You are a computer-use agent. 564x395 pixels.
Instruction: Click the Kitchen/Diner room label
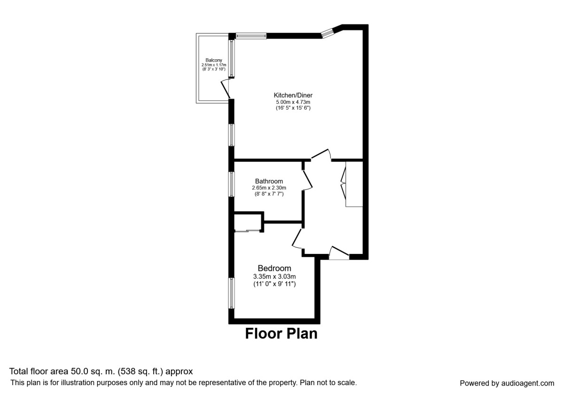(x=293, y=95)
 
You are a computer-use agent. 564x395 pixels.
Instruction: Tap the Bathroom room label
(x=269, y=181)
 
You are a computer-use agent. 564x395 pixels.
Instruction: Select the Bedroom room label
(x=274, y=268)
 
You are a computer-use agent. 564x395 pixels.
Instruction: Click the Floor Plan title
(x=281, y=334)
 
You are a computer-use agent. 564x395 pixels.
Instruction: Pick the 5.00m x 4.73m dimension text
(x=293, y=102)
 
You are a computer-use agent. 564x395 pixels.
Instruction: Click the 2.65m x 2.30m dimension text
(x=269, y=188)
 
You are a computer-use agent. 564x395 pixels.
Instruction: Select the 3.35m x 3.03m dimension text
(x=274, y=276)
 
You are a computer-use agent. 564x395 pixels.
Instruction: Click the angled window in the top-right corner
(x=327, y=32)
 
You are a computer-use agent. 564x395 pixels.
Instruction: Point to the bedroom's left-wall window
(x=232, y=293)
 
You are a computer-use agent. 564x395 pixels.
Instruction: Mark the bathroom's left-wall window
(x=232, y=184)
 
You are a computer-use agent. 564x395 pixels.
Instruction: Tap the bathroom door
(x=306, y=179)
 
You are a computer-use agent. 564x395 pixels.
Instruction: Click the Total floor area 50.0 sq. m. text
(x=101, y=371)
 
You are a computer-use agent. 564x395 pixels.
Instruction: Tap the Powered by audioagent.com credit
(x=507, y=383)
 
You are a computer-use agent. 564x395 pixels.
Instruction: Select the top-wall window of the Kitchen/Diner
(x=251, y=35)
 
